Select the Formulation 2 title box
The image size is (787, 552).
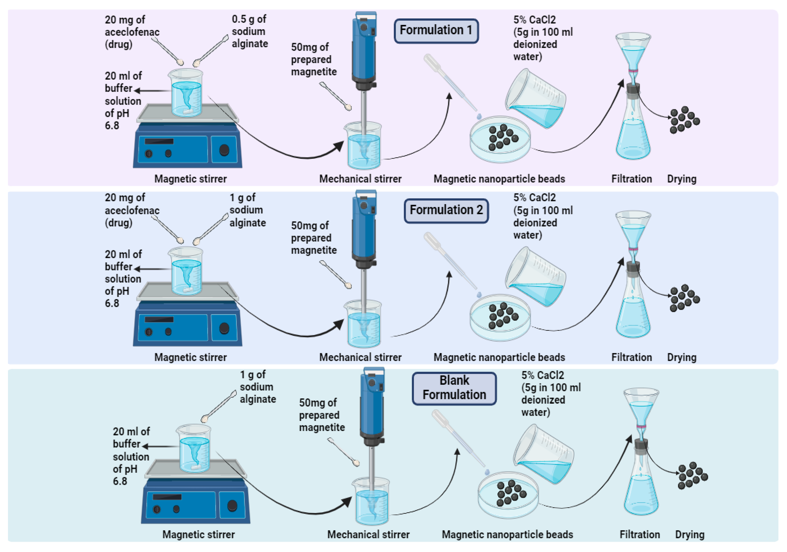point(446,211)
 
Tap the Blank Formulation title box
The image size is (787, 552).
point(454,388)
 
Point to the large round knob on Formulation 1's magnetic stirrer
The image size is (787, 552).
point(224,150)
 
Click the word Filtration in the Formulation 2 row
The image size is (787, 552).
point(631,357)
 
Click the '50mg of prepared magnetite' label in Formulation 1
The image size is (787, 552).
point(313,59)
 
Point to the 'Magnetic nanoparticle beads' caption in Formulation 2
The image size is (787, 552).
point(499,357)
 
